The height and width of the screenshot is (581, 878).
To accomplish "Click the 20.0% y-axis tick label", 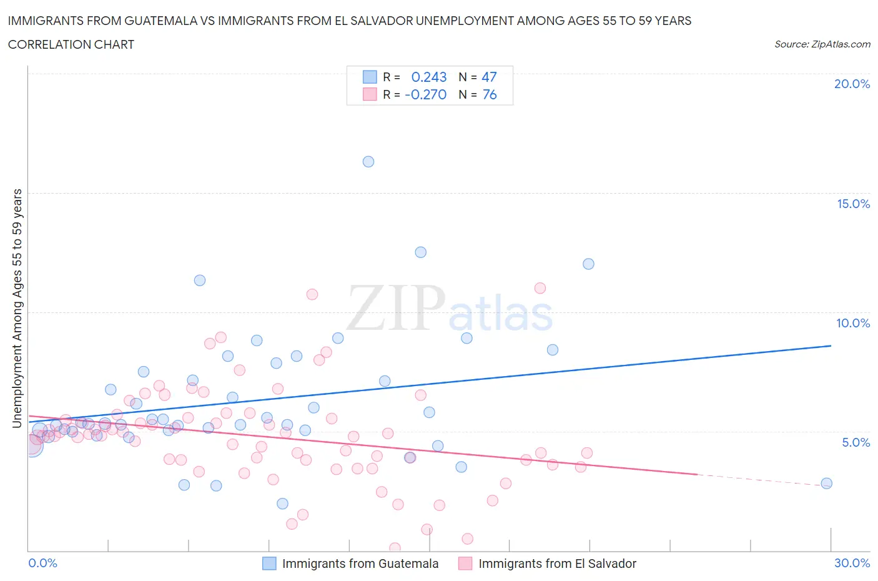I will pos(852,84).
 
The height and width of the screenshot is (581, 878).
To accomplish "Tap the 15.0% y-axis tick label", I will pos(853,204).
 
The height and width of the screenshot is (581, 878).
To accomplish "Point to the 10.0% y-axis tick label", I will pos(853,323).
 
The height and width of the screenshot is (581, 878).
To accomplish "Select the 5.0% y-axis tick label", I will pos(856,442).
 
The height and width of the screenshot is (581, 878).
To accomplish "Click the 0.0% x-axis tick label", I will pos(42,563).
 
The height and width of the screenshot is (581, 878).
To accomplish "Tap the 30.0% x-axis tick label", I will pos(852,563).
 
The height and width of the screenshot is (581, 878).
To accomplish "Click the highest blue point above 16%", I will pos(368,162).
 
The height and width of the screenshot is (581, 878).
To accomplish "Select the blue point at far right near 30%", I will pos(826,483).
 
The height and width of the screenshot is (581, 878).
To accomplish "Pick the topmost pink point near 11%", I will pos(540,288).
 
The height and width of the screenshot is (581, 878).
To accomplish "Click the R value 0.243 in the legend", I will pos(429,77).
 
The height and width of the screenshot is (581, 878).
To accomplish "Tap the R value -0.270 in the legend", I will pos(426,94).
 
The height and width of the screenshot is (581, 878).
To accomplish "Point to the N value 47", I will pos(489,77).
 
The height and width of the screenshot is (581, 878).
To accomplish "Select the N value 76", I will pos(490,94).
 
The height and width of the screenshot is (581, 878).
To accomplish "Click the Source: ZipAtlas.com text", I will pos(822,44).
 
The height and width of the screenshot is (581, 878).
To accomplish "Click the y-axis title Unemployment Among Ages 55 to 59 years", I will pos(17,309).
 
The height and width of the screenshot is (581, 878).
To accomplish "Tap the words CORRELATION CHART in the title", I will pos(71,44).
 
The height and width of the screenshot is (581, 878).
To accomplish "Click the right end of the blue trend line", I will pos(831,345).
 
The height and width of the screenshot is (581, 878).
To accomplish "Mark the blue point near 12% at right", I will pos(588,264).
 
